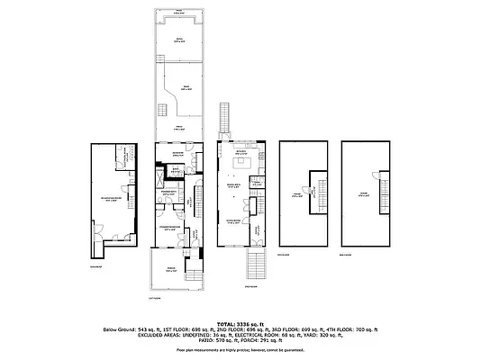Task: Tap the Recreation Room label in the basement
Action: coord(113,201)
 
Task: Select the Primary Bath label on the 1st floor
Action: coord(168,193)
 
